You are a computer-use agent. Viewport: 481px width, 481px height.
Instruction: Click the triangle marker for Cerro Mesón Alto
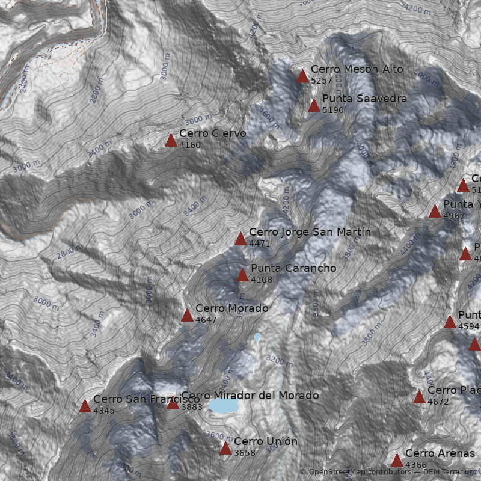(303, 76)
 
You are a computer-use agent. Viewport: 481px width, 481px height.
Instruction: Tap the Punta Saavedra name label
(364, 99)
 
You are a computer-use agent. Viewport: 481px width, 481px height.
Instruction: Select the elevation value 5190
(333, 110)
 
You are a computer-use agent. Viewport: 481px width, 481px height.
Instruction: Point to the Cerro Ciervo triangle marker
(171, 141)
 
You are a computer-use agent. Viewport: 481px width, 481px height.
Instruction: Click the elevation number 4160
(190, 145)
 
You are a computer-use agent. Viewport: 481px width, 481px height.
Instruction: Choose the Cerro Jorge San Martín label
(310, 232)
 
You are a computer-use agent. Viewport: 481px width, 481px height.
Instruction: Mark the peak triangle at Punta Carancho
(242, 275)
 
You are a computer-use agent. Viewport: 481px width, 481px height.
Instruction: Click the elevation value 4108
(262, 280)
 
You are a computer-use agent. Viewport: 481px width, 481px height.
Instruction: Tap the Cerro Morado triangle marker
(187, 316)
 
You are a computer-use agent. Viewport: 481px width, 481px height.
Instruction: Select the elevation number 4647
(206, 320)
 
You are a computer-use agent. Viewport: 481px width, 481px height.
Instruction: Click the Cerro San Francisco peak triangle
(85, 406)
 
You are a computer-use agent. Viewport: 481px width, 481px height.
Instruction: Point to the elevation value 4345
(104, 411)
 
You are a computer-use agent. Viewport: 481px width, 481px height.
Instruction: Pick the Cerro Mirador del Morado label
(250, 396)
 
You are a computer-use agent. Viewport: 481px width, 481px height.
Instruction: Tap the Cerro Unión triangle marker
(225, 449)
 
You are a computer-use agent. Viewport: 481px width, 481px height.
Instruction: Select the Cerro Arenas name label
(440, 453)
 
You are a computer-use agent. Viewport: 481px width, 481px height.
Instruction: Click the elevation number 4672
(438, 402)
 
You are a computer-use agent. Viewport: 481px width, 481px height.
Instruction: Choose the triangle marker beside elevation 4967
(435, 212)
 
